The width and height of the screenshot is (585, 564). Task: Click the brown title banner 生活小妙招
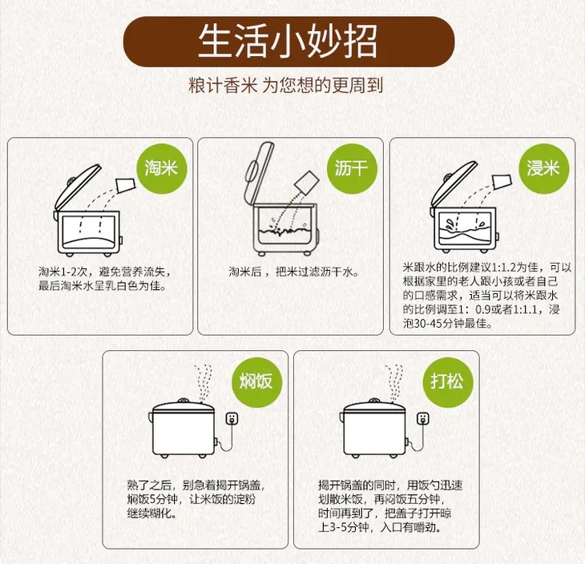point(288,42)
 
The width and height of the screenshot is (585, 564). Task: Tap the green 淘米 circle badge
point(161,168)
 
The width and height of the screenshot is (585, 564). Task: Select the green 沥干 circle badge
point(352,168)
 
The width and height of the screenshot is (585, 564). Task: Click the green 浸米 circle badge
point(543,168)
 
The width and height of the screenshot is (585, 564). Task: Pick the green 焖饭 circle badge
point(256,382)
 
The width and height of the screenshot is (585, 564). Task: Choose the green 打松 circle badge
point(448,382)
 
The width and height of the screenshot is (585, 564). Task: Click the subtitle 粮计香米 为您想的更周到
point(286,85)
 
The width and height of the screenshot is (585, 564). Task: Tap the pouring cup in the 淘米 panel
point(126,184)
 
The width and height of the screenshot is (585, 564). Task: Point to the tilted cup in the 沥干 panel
point(307,183)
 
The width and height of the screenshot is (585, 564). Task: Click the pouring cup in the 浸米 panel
point(502,181)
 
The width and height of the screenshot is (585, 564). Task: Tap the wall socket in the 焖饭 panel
point(232,418)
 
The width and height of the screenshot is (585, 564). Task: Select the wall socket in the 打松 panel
point(422,418)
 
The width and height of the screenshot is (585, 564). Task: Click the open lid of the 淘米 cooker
point(78,187)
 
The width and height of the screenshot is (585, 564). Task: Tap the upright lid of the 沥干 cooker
point(259,173)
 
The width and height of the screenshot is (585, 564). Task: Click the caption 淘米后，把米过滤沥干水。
point(293,272)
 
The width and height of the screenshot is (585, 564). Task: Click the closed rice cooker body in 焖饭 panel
point(183,429)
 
